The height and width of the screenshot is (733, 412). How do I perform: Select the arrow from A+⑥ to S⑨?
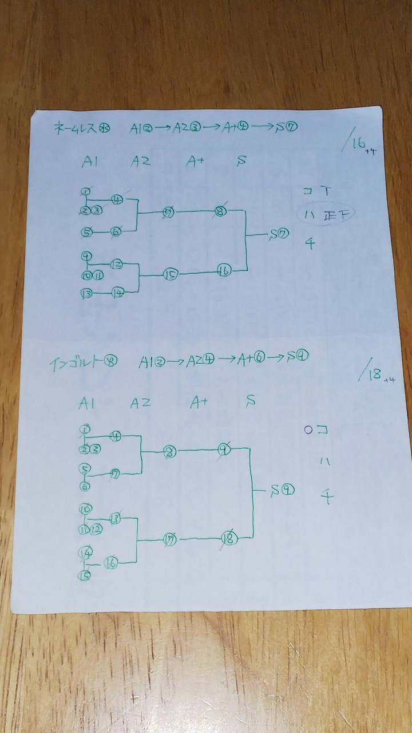click(x=275, y=358)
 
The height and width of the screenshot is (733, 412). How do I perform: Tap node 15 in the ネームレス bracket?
click(x=170, y=275)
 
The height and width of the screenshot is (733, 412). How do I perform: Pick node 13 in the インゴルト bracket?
click(x=115, y=518)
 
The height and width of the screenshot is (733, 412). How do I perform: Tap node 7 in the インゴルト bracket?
click(x=116, y=474)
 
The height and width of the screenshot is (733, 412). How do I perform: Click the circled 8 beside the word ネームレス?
click(x=105, y=128)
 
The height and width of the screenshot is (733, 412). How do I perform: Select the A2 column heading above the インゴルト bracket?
click(x=140, y=403)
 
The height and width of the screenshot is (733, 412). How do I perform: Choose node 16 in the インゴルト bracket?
click(x=110, y=563)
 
